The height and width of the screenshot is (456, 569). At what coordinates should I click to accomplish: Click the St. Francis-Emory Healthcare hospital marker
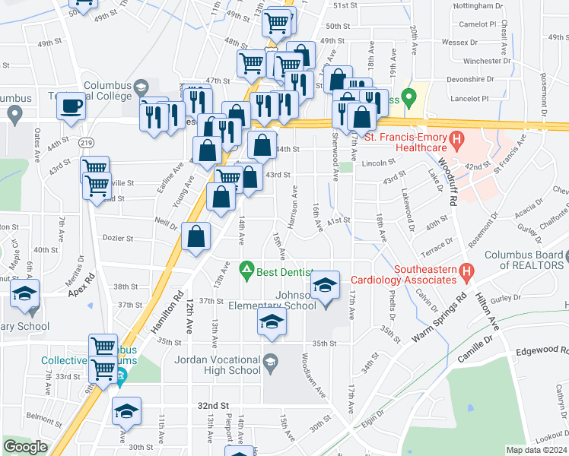click(456, 139)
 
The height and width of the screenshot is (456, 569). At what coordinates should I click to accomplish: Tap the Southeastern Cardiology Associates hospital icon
click(467, 271)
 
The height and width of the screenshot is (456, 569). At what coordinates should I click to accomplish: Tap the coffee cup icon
click(72, 106)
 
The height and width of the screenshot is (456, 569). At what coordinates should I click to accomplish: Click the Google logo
click(25, 447)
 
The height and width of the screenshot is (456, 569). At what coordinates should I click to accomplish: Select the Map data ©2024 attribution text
click(536, 450)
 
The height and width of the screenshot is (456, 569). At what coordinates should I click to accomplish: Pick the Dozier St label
click(118, 239)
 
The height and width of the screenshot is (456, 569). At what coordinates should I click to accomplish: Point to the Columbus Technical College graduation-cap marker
click(141, 89)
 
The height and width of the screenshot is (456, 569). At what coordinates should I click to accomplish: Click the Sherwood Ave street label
click(335, 159)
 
